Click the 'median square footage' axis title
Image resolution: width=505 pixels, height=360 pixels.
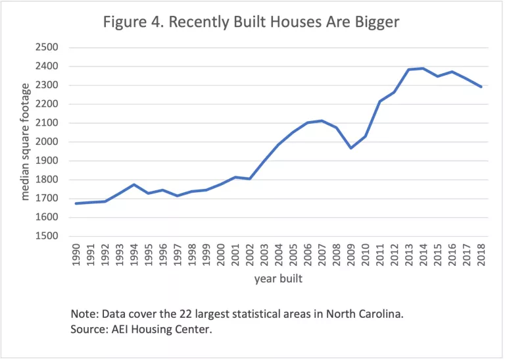coord(26,141)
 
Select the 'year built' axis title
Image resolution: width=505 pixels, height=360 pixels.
coord(279,279)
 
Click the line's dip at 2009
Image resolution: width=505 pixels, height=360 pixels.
coord(351,148)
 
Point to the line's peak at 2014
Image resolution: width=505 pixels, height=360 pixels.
coord(423,68)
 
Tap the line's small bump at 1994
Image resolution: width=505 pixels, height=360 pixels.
coord(135,184)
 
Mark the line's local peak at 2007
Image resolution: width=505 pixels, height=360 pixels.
coord(322,120)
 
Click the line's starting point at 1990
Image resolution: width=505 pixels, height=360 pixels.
coord(78,203)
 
